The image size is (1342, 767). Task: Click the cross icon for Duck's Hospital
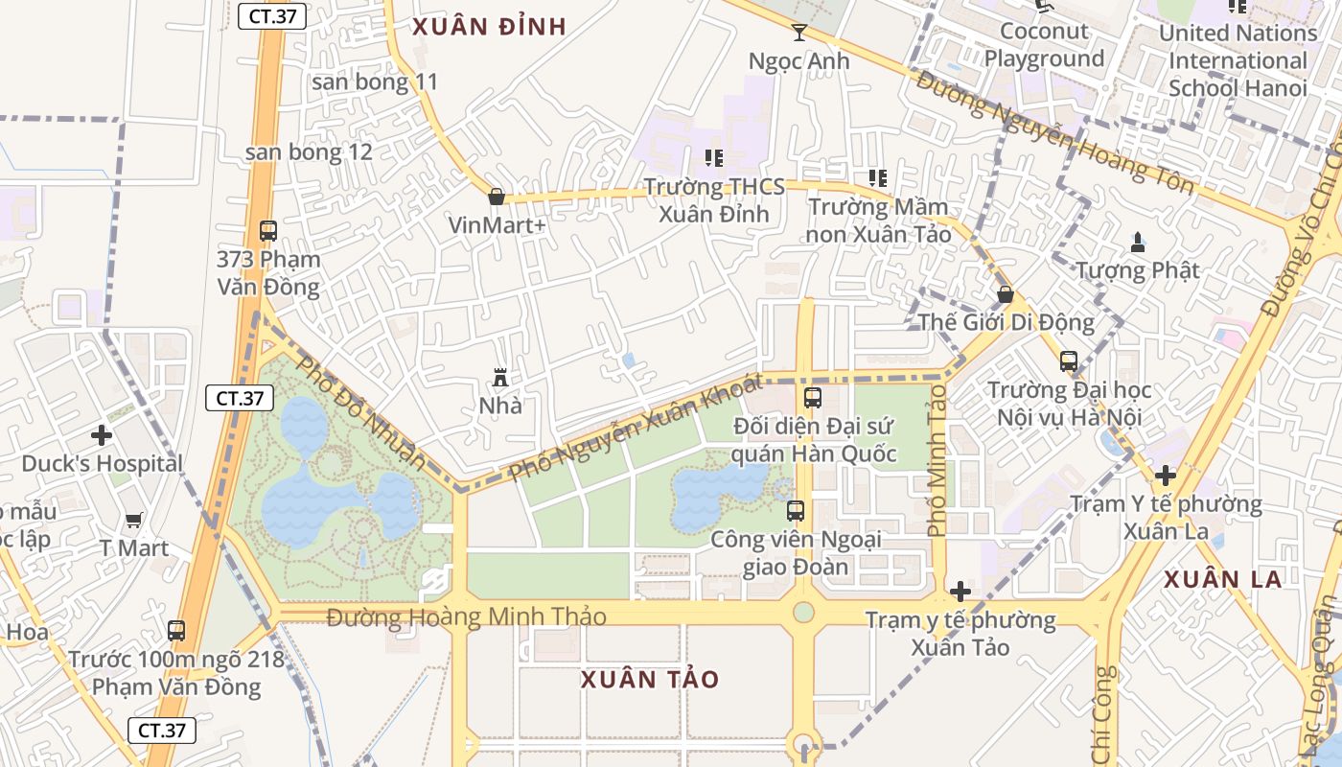(102, 435)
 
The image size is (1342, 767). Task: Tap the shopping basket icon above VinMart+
(497, 197)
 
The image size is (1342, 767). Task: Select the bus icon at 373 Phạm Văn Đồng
(267, 231)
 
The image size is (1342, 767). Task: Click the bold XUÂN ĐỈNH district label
(489, 27)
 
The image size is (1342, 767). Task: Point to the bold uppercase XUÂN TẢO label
(650, 680)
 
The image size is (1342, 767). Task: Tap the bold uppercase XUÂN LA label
(1222, 579)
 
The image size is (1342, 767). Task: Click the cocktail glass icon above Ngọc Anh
(799, 33)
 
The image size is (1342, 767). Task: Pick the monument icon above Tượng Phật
(1138, 242)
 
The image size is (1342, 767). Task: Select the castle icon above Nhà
(499, 377)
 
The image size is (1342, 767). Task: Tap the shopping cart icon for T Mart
(134, 520)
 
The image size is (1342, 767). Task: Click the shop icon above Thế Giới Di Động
(1006, 294)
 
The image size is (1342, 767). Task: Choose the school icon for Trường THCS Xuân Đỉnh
(713, 157)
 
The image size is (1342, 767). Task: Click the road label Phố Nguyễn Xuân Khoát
(635, 428)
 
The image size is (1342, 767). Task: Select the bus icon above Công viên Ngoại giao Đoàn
(796, 511)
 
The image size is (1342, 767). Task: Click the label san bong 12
(309, 152)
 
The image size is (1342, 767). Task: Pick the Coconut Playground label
(1044, 45)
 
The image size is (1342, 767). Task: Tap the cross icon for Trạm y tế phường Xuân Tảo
(960, 592)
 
